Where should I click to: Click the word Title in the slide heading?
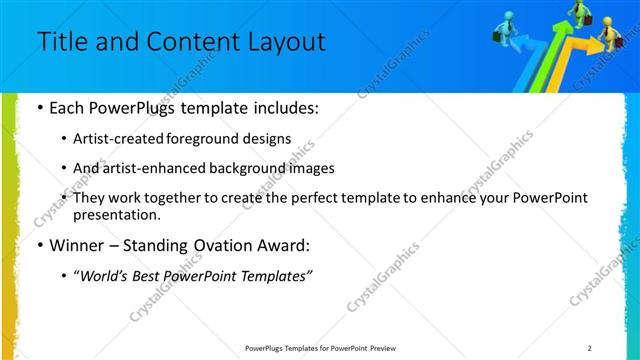pos(59,42)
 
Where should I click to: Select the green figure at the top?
pos(578,10)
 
